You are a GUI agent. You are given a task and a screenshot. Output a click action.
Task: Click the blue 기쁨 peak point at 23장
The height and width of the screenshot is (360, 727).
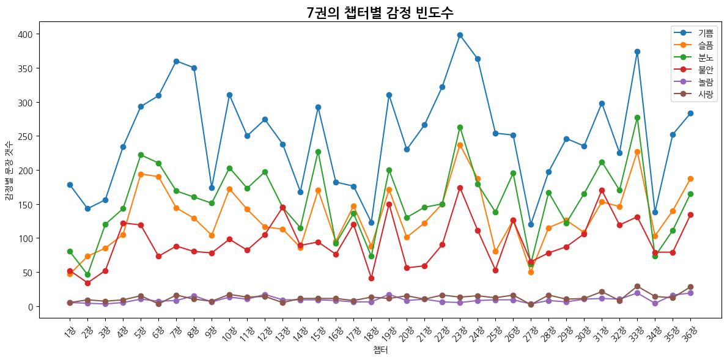click(x=460, y=35)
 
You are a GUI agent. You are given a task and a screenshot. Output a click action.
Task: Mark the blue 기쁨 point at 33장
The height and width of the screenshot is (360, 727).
click(x=637, y=51)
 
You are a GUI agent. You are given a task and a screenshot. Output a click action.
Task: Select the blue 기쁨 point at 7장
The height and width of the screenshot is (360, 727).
click(x=176, y=61)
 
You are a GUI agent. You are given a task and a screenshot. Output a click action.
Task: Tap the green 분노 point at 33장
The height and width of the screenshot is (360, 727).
click(x=637, y=117)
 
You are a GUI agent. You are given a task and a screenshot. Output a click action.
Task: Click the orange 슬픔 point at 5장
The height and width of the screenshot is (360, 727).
click(x=141, y=174)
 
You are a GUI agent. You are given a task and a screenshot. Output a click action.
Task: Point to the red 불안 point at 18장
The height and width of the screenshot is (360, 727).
click(x=371, y=278)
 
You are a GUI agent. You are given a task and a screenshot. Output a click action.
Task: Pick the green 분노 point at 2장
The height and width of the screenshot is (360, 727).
click(x=87, y=274)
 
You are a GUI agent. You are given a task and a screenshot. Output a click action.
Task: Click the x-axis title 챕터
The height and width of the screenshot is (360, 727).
click(x=380, y=350)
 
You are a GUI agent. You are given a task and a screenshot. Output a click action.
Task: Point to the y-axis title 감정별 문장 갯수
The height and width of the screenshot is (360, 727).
click(x=9, y=170)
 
